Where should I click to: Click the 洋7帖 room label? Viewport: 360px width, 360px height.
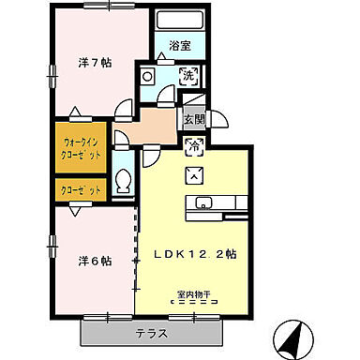coord(95,64)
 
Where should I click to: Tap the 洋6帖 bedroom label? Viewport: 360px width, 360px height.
coord(95,261)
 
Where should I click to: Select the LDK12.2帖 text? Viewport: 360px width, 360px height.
coord(202,254)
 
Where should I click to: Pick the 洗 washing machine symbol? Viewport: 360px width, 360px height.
coord(187,75)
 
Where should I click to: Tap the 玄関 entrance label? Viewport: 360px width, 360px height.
coord(193,119)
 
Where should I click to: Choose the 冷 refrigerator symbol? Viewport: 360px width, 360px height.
coord(195,145)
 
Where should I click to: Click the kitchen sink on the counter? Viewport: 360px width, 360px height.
coord(205,203)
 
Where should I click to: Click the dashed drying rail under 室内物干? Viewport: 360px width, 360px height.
coord(195,304)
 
